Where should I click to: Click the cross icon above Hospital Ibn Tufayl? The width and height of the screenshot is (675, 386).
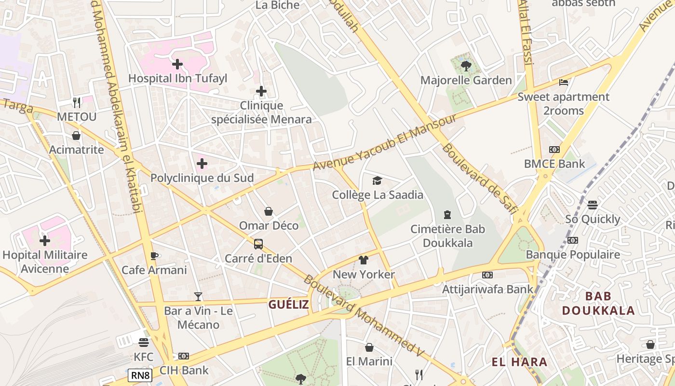coord(177,64)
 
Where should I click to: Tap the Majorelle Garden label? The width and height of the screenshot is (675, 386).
coord(466,80)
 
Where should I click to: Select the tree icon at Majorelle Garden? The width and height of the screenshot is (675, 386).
coord(466,66)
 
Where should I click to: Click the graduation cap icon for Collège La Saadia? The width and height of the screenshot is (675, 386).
coord(377,180)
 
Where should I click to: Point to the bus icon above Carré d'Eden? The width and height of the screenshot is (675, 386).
coord(258,244)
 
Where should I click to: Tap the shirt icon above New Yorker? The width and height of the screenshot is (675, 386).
coord(364,260)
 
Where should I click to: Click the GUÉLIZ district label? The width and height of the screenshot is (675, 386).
coord(288,304)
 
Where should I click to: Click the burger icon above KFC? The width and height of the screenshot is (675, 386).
coord(143,343)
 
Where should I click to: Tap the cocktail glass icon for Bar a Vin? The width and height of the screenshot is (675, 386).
coord(198,296)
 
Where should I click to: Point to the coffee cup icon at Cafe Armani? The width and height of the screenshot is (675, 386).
coord(154,256)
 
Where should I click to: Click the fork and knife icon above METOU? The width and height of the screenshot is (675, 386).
coord(77,102)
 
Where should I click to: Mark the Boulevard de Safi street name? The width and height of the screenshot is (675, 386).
coord(480,178)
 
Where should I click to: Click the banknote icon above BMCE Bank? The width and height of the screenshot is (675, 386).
coord(554,150)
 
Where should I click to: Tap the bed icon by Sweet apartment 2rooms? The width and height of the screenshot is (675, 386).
coord(563,83)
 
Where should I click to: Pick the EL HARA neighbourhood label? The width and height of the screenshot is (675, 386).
coord(520,362)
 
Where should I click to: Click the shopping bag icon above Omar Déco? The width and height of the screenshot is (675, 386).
coord(269,211)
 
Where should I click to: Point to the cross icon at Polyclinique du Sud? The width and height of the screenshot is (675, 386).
coord(202,164)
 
